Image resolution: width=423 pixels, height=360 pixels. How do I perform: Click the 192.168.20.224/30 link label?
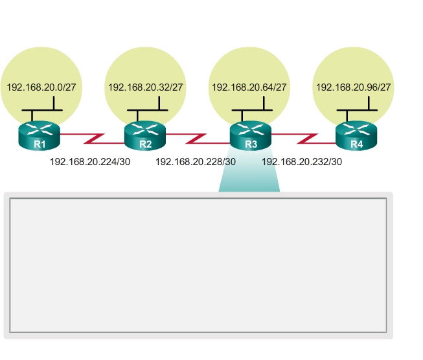point(90,162)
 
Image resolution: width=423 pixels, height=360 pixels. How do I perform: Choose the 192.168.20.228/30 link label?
point(196,162)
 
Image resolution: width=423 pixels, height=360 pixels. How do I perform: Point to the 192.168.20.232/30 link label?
point(302,162)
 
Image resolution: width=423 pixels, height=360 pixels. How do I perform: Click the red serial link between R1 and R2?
point(93,139)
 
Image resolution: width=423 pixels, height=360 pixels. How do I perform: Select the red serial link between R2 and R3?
point(198,139)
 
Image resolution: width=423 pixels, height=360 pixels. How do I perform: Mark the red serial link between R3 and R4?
point(304,139)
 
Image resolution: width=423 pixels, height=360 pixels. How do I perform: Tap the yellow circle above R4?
point(354,65)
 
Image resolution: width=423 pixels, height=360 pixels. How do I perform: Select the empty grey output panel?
point(198,265)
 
